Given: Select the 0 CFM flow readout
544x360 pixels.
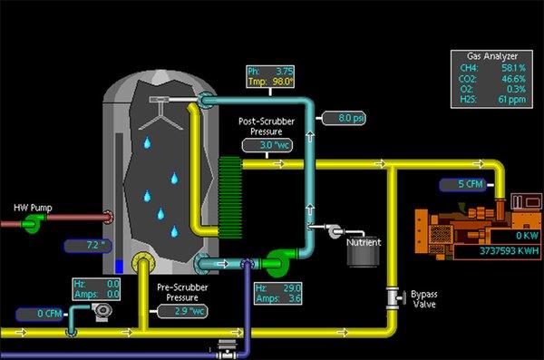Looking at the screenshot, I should [40, 314].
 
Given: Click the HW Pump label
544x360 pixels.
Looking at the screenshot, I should [33, 209].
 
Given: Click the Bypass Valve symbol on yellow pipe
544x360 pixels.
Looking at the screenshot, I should [393, 297].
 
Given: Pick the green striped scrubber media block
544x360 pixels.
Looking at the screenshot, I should [231, 193].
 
